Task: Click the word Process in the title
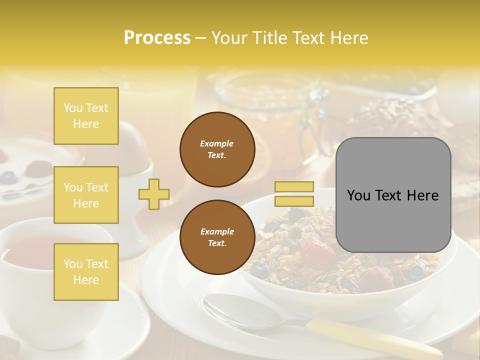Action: click(157, 38)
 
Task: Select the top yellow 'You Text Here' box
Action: click(86, 116)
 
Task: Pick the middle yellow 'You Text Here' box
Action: click(86, 195)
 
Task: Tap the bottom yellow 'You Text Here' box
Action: click(86, 271)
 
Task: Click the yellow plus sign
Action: click(154, 194)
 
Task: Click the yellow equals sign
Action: click(294, 194)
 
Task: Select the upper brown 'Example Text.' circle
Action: click(217, 149)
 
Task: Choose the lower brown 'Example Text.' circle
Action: click(217, 237)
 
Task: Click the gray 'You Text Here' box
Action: click(393, 195)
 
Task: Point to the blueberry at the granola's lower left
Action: click(259, 270)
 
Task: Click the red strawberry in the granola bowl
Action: click(315, 252)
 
